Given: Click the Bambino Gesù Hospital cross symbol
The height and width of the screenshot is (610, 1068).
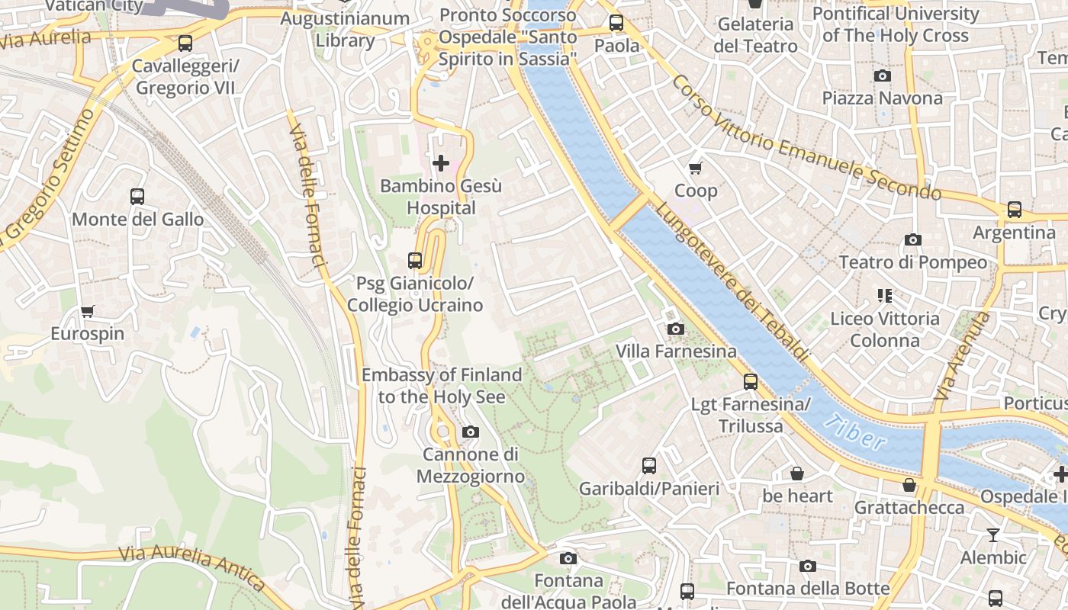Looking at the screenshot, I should [441, 163].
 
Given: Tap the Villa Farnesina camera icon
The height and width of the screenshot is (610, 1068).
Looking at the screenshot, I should [675, 329].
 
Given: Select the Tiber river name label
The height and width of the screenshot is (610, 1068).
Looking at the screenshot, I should [860, 432].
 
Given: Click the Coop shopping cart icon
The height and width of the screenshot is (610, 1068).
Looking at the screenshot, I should [695, 169].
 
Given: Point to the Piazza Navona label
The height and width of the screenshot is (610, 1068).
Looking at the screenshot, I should [882, 98].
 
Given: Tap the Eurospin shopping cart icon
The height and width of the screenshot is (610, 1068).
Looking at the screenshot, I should [88, 311].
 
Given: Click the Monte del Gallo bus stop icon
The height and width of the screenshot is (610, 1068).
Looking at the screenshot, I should [137, 197].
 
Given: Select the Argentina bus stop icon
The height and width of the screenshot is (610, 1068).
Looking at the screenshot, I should [1014, 210].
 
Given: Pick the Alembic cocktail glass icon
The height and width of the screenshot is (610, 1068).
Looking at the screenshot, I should [993, 535].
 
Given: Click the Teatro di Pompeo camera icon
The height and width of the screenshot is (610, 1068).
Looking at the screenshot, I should [912, 240].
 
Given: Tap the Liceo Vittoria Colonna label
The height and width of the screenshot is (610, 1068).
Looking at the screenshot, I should [885, 329].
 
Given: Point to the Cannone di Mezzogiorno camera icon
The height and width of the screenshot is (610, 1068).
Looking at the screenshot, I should [471, 432].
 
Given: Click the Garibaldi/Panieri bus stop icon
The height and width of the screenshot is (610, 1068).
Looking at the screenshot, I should [649, 466].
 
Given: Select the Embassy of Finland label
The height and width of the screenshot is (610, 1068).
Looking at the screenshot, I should [441, 386].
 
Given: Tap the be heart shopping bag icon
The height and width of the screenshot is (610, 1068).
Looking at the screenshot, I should [797, 474].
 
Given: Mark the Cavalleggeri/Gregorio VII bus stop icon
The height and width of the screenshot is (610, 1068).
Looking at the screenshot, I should [185, 43].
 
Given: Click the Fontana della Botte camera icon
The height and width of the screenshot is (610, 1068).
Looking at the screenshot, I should [808, 566].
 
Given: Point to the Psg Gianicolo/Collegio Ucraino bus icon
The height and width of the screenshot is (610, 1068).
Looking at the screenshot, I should [415, 261].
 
